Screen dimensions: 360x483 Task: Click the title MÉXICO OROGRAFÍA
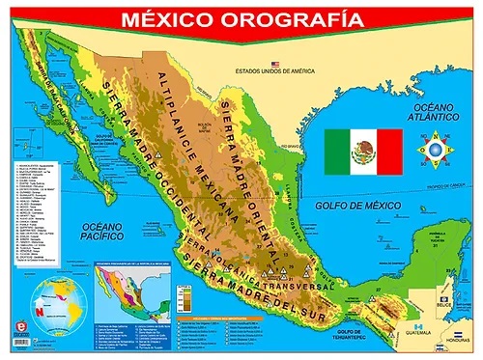[x=241, y=18]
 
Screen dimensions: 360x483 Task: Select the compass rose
[x=433, y=151]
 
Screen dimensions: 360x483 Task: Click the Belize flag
[x=444, y=299]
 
